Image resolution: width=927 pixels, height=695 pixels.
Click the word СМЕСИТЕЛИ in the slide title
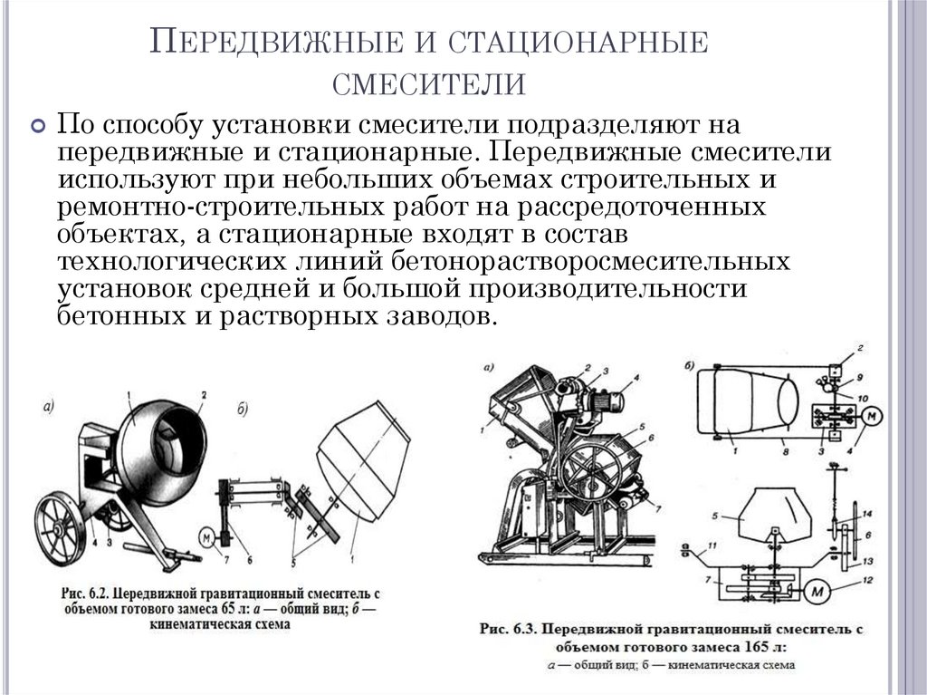coord(428,83)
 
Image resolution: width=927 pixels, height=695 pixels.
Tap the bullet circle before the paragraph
coord(38,127)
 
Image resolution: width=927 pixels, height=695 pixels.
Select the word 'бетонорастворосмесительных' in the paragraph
coord(592,263)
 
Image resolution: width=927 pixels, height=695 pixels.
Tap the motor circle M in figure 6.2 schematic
coord(207,537)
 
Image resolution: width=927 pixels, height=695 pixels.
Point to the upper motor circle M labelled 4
coord(873,418)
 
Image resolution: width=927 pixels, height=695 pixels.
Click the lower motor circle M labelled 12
coord(820,593)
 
